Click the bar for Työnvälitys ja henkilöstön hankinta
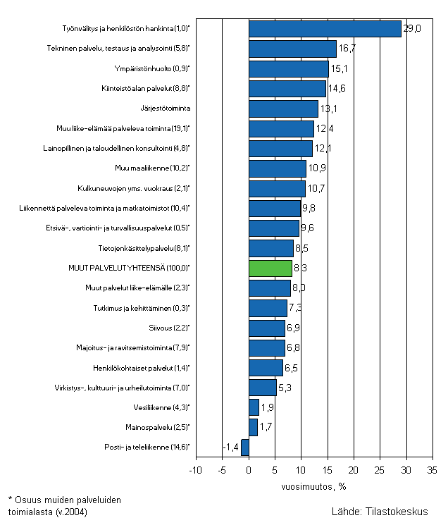coord(325,29)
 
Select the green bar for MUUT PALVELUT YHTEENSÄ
coord(270,268)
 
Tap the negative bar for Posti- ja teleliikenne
coord(245,447)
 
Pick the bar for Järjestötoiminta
coord(283,109)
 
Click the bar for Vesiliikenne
coord(254,407)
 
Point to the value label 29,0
coord(412,29)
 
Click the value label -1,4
coord(231,447)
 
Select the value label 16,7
coord(347,49)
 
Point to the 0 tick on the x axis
coord(249,470)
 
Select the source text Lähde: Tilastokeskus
coord(384,512)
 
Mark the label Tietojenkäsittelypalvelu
coord(144,248)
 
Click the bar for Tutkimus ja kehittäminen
coord(268,308)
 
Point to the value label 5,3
coord(286,388)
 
